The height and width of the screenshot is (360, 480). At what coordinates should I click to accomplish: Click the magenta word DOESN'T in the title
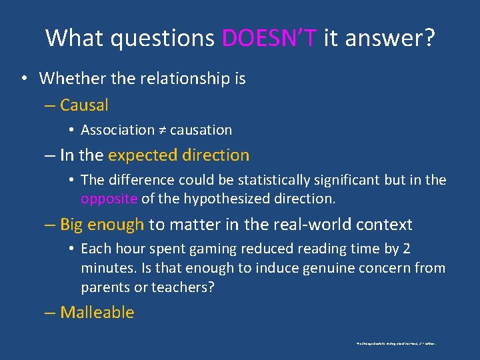pyautogui.click(x=269, y=38)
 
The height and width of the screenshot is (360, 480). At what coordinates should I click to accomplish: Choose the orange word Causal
pyautogui.click(x=84, y=105)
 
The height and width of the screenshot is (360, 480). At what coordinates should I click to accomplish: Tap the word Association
pyautogui.click(x=117, y=130)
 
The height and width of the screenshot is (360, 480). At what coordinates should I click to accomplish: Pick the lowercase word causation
pyautogui.click(x=201, y=130)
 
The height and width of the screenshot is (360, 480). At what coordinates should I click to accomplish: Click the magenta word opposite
pyautogui.click(x=109, y=199)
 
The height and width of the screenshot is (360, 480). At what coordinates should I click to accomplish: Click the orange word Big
pyautogui.click(x=73, y=225)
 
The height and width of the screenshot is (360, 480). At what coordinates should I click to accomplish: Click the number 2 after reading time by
pyautogui.click(x=407, y=249)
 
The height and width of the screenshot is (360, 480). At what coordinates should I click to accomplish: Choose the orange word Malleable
pyautogui.click(x=97, y=312)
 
